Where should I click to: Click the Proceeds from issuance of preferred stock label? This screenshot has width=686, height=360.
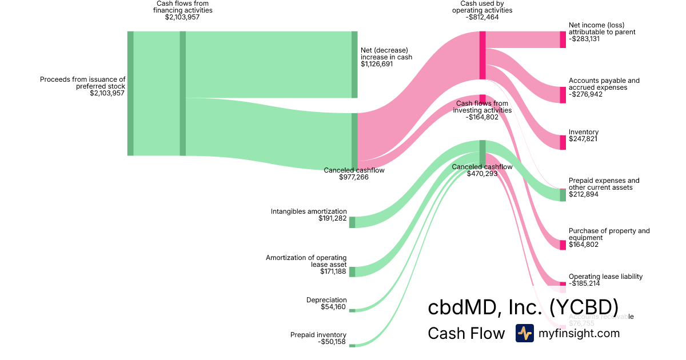tap(82, 83)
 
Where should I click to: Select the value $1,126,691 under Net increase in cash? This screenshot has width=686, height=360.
tap(377, 64)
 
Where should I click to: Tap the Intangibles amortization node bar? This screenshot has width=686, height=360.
tap(352, 222)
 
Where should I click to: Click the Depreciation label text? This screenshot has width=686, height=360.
tap(326, 300)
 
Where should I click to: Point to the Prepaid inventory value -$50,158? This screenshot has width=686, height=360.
tap(332, 342)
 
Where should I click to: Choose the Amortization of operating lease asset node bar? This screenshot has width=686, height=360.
tap(352, 272)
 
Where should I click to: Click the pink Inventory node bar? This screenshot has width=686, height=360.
tap(563, 142)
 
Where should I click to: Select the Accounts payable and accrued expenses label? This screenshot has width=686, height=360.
tap(604, 84)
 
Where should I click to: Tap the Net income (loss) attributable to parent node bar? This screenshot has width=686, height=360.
tap(563, 39)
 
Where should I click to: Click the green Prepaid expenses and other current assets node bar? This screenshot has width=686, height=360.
tap(563, 195)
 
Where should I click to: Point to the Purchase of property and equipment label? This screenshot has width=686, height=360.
tap(609, 234)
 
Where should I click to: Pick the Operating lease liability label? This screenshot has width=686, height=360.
tap(605, 277)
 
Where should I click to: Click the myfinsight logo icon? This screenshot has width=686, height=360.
tap(524, 333)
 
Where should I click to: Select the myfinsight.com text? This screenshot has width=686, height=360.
tap(579, 333)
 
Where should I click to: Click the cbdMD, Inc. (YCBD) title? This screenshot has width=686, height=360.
tap(523, 307)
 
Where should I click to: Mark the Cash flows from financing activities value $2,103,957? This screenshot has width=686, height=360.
tap(182, 17)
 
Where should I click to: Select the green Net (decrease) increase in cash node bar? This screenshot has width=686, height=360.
tap(354, 65)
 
